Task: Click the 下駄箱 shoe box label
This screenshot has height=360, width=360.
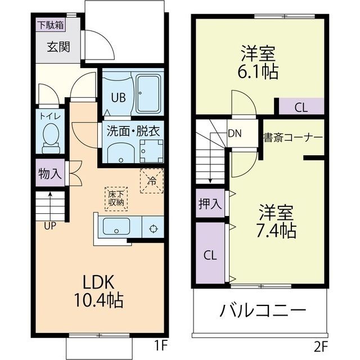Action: tap(51, 25)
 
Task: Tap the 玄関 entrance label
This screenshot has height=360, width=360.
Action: tap(58, 47)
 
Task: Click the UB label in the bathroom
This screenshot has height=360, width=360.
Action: tap(119, 97)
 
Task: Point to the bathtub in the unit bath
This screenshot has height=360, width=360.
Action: tap(148, 94)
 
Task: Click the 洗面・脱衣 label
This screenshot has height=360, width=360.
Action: tap(133, 131)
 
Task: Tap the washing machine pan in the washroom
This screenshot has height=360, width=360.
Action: tap(151, 151)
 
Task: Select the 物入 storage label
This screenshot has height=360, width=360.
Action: tap(50, 173)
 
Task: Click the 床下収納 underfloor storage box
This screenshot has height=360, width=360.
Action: tap(116, 199)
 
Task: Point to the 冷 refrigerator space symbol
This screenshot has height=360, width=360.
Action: tap(152, 181)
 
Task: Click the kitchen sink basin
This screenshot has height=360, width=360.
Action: tap(116, 226)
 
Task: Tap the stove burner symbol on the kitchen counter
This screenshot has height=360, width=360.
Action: tap(153, 229)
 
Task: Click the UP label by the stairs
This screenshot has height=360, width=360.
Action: tap(50, 226)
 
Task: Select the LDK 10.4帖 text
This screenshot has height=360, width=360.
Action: tap(98, 291)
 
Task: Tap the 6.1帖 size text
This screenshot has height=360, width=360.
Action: tap(258, 71)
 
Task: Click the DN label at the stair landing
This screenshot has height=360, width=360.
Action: tap(235, 133)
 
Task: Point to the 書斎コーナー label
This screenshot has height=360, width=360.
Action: tap(293, 137)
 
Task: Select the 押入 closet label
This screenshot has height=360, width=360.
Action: tap(210, 204)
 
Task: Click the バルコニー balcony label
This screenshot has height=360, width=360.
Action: tap(263, 310)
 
